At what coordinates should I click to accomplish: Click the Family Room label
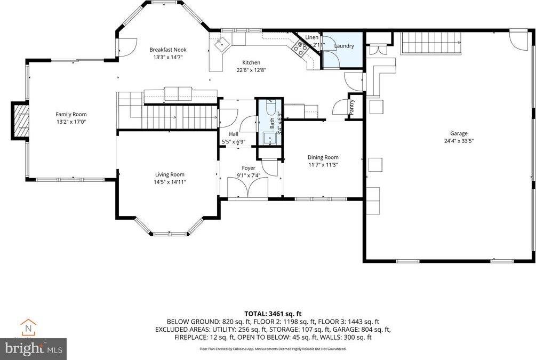point(71,114)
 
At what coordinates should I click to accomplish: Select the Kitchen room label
point(251,62)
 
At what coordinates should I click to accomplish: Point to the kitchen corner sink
point(220,45)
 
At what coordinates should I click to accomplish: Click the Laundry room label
point(343,46)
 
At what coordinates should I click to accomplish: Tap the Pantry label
point(352,107)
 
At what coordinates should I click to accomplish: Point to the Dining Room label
point(323,157)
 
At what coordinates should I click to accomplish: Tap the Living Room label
point(170,174)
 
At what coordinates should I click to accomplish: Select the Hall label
point(234,134)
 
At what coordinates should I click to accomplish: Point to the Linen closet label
point(311,37)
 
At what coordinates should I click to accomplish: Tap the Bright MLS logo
point(33,349)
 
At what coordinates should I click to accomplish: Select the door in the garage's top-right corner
point(516,38)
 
